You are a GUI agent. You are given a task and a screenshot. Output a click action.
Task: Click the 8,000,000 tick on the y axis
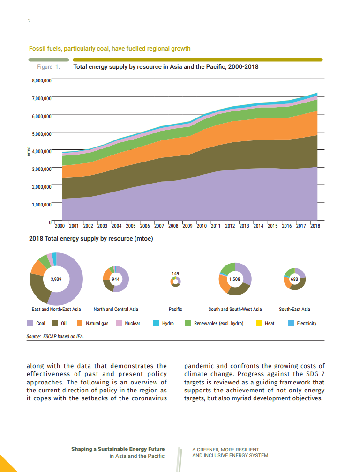tap(41, 80)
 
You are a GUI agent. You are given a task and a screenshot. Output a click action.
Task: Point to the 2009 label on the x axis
tap(187, 226)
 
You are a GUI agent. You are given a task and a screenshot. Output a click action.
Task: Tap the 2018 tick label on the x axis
tap(315, 226)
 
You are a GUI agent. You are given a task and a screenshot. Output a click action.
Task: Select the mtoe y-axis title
tap(29, 151)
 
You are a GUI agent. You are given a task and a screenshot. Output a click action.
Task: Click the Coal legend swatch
tap(30, 323)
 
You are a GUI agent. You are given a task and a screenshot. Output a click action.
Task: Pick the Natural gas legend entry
tap(93, 323)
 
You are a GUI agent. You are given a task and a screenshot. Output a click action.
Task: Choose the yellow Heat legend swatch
tap(258, 323)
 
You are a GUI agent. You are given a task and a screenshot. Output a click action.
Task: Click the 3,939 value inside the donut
tap(56, 279)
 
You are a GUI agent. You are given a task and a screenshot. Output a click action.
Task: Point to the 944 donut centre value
tap(115, 279)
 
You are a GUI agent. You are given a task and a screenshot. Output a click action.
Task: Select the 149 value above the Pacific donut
tap(175, 273)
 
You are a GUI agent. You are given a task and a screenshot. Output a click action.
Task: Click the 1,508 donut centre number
tap(234, 279)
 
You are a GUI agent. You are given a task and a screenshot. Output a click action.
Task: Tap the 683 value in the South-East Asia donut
tap(295, 279)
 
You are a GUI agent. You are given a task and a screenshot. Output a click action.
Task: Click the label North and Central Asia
tap(116, 309)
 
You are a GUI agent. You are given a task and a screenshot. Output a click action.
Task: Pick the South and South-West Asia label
tap(235, 309)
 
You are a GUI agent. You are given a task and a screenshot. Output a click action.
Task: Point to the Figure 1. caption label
tap(48, 67)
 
